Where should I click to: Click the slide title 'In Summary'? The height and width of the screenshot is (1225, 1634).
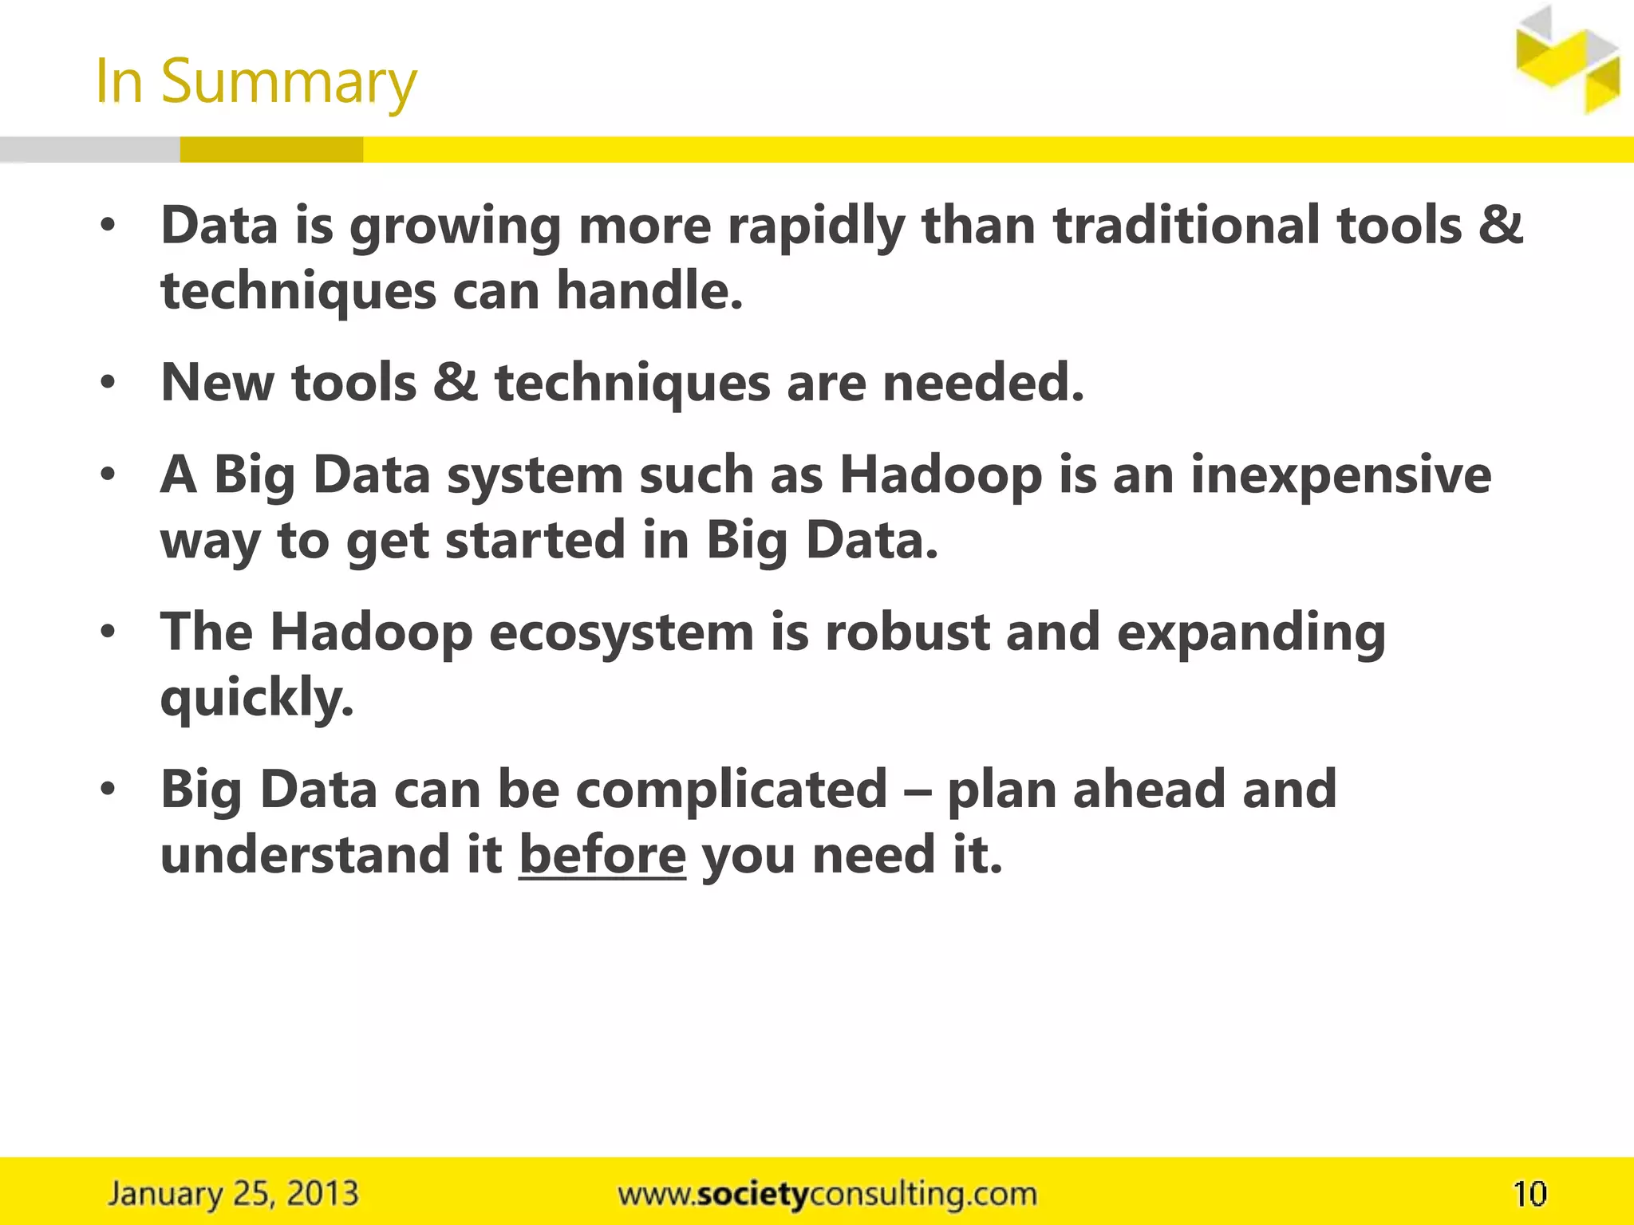(255, 81)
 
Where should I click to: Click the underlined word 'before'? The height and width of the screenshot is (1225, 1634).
(602, 855)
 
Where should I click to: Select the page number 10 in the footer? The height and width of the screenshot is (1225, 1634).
(1529, 1194)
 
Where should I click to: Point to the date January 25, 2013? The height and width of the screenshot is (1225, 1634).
(233, 1194)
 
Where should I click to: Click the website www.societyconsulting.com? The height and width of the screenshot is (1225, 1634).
(827, 1194)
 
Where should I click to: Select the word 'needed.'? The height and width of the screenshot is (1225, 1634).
(983, 383)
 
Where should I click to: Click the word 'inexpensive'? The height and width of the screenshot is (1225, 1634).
(1340, 477)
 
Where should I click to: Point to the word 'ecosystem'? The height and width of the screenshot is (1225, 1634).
(622, 633)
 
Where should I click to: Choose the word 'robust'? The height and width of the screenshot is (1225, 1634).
(907, 633)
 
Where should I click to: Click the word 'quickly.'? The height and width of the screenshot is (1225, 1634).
(257, 699)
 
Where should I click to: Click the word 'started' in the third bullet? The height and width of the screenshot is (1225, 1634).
(534, 541)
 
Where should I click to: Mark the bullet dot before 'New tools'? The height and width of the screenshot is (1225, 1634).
(109, 384)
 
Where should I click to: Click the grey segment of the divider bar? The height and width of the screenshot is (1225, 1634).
(89, 150)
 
